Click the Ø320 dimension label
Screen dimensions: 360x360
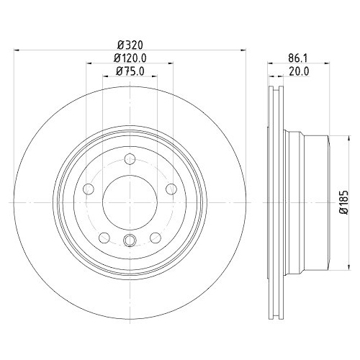[130, 44]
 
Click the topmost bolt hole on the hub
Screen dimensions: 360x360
[130, 160]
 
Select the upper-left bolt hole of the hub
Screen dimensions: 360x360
[89, 189]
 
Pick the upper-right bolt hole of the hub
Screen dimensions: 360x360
[171, 189]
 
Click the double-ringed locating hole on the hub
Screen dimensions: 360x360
[130, 241]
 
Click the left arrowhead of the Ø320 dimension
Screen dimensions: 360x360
[17, 50]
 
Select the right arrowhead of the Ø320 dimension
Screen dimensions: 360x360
[243, 50]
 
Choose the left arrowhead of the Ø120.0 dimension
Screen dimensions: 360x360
[89, 63]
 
